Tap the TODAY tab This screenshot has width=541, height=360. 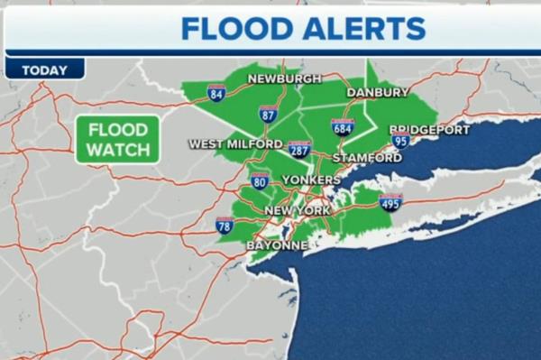click(x=43, y=69)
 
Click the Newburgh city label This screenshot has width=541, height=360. click(x=284, y=78)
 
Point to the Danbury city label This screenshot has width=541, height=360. click(x=378, y=92)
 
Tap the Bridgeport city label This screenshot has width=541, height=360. click(x=430, y=130)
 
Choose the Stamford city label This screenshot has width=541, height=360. click(x=367, y=158)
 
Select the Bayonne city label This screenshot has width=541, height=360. click(x=278, y=245)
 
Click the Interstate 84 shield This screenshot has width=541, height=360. click(x=215, y=92)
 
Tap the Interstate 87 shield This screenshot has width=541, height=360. click(x=268, y=113)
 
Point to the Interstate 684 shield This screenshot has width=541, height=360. click(x=343, y=126)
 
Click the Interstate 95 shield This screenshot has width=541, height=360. click(x=400, y=140)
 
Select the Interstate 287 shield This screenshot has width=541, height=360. click(x=300, y=148)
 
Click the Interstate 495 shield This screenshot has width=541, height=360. click(x=391, y=202)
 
